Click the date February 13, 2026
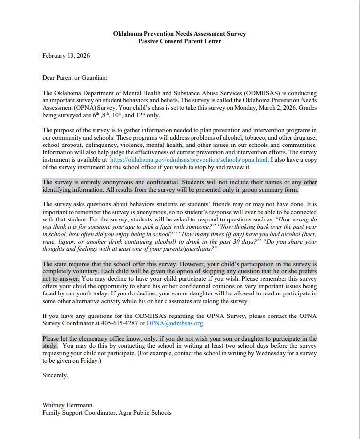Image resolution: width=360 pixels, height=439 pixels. (66, 56)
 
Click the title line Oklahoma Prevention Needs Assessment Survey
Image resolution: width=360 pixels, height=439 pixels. (179, 34)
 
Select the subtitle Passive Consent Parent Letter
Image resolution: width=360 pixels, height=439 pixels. (179, 41)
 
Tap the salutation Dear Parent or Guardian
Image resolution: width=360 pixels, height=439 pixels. (74, 78)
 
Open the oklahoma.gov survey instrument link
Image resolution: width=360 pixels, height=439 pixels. (189, 160)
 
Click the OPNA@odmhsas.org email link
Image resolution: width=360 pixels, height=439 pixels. (174, 323)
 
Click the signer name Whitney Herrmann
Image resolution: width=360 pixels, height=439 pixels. (67, 405)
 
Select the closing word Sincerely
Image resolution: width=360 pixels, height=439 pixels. (55, 375)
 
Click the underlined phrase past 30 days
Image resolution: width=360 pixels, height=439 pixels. (236, 242)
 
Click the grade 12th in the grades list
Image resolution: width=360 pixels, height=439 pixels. (141, 115)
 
